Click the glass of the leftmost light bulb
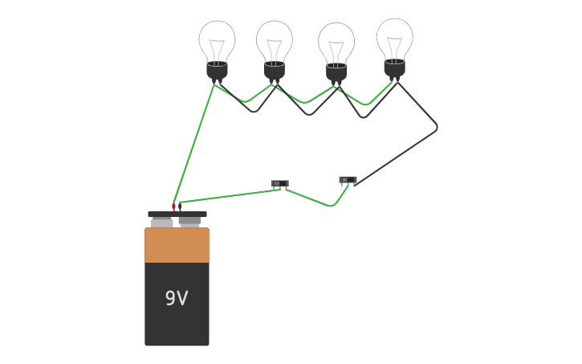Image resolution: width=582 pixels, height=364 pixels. click(217, 40)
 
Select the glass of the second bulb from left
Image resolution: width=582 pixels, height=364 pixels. click(275, 40)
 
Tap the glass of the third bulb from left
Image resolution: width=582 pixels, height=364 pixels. click(336, 42)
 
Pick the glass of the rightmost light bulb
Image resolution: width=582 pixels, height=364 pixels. click(395, 38)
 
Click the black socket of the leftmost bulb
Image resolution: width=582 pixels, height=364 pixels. click(217, 71)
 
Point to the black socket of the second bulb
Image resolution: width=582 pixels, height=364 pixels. click(275, 71)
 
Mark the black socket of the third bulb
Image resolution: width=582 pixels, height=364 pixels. click(336, 72)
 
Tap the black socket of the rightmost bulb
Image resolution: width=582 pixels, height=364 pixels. click(394, 68)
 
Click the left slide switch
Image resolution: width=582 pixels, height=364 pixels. click(279, 184)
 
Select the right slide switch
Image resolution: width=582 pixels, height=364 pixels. click(348, 180)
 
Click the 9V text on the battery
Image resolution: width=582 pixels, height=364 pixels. click(177, 298)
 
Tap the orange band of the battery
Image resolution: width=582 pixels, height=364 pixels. click(177, 245)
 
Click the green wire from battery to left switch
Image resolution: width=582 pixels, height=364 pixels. click(229, 195)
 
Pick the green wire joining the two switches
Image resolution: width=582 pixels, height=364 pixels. click(313, 200)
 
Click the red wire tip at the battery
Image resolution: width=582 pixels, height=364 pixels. click(173, 207)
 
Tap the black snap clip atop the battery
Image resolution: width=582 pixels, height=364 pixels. click(177, 215)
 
